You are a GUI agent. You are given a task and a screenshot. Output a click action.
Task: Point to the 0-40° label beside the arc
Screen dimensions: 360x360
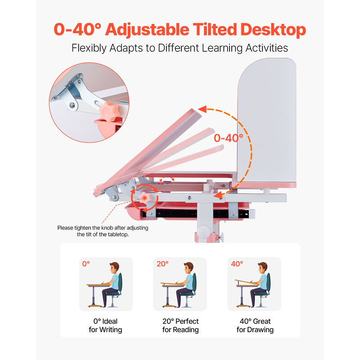click(x=228, y=137)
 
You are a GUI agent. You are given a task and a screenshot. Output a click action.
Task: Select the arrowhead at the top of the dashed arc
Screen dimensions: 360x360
click(x=202, y=109)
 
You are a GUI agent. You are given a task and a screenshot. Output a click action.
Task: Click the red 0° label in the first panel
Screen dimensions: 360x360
click(x=86, y=264)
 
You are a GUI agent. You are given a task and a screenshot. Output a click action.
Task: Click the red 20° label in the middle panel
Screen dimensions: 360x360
click(x=162, y=264)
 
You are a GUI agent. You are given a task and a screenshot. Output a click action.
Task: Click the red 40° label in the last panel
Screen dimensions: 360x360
click(x=236, y=264)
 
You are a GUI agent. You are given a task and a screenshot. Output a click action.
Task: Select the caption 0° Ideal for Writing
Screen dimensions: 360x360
click(x=105, y=325)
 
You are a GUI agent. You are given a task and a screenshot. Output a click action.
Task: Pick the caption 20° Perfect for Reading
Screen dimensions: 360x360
click(x=180, y=325)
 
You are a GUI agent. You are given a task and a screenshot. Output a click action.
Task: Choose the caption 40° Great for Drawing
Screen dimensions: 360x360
click(x=255, y=325)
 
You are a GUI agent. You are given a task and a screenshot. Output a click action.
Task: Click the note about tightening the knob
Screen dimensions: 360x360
click(x=103, y=231)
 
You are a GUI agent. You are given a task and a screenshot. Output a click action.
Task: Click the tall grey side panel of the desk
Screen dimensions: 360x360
click(x=268, y=121)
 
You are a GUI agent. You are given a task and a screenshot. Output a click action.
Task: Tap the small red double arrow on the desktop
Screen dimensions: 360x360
click(x=166, y=180)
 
